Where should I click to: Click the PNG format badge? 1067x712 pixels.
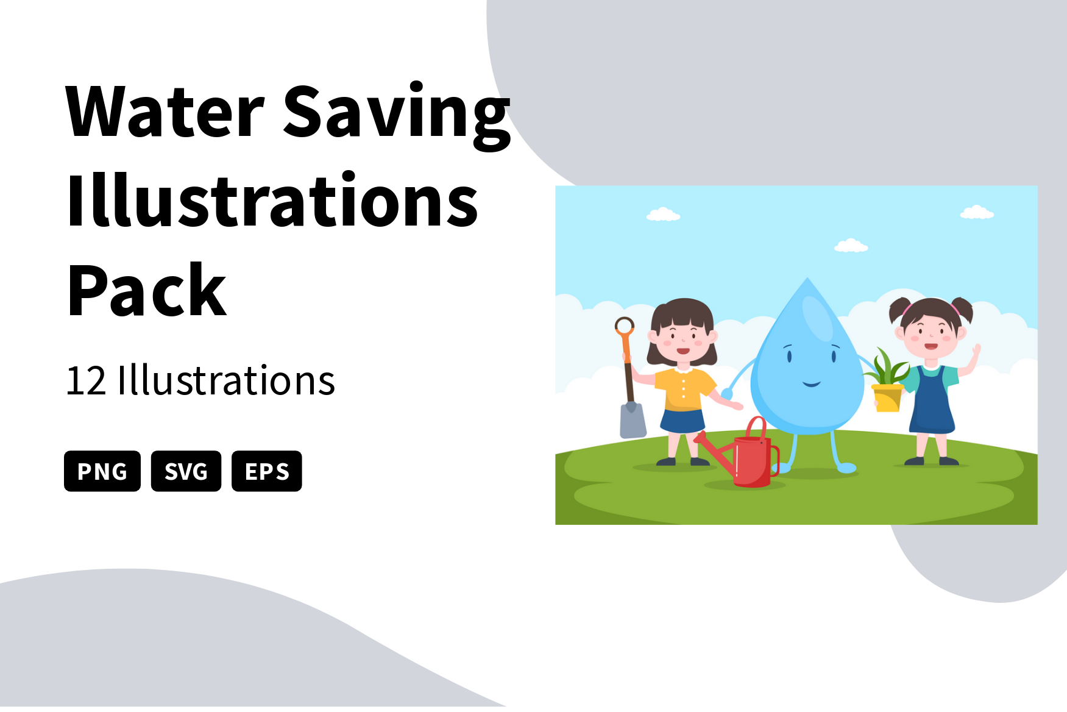coord(102,471)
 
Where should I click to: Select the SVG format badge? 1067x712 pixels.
coord(186,471)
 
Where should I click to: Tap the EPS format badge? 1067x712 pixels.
coord(267,471)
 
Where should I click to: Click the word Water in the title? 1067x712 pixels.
coord(165,112)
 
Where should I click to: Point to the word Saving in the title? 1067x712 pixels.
coord(397,116)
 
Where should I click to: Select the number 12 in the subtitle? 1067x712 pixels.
coord(86,381)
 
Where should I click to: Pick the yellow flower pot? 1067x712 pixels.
coord(888,398)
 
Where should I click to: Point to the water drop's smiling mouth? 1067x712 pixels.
coord(812,384)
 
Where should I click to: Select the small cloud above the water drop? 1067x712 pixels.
coord(851,246)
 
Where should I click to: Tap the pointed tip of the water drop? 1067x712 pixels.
coord(808,279)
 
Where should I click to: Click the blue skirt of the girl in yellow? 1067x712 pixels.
coord(683,422)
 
